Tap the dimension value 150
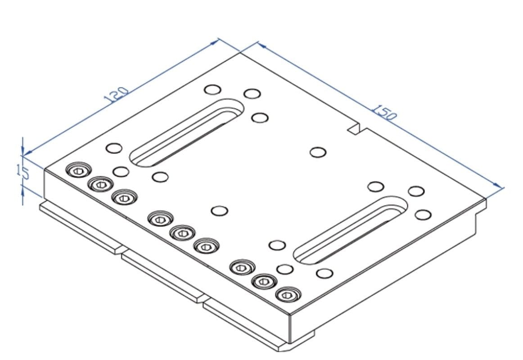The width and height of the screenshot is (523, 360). (384, 112)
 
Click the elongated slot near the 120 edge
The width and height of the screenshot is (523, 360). (186, 133)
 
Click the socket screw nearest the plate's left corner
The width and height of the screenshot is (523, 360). (78, 171)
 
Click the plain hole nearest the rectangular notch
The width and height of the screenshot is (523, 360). (318, 152)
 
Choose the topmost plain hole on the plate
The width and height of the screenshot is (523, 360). (212, 89)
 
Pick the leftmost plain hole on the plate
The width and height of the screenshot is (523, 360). (114, 148)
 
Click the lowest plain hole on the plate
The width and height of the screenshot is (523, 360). (325, 273)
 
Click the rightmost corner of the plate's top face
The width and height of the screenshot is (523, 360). (485, 198)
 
